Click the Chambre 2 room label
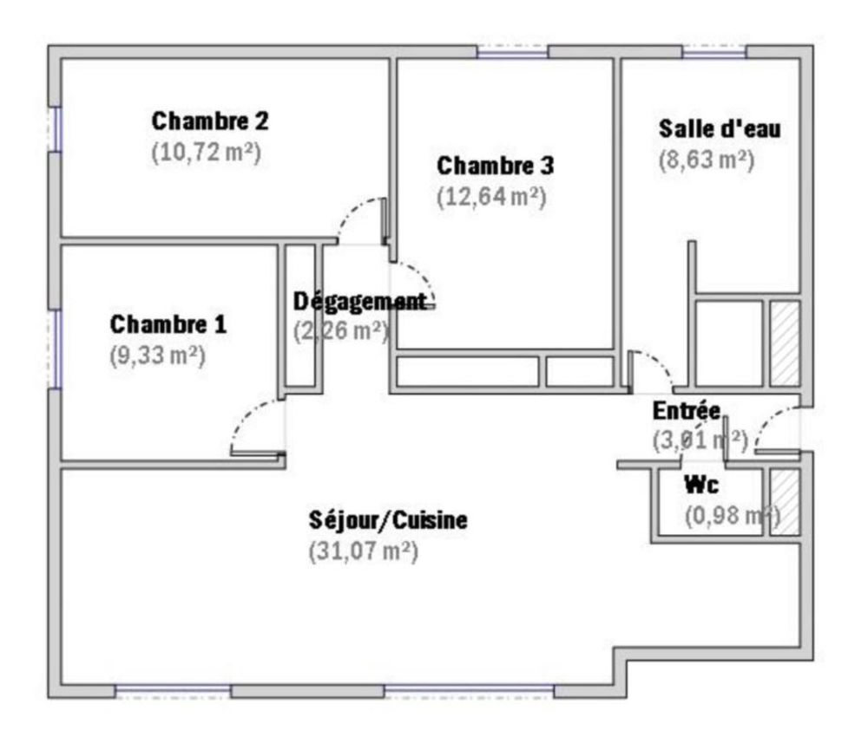click(x=210, y=121)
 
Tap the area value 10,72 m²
click(x=207, y=153)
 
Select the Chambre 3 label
click(x=495, y=165)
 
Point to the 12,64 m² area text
click(x=490, y=197)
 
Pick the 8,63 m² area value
click(x=705, y=161)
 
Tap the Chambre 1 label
click(x=168, y=324)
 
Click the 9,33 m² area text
click(x=157, y=355)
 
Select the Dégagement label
click(x=360, y=302)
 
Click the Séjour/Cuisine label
click(x=389, y=521)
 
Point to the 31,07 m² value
click(x=364, y=551)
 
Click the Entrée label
click(x=686, y=410)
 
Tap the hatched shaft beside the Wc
click(x=786, y=502)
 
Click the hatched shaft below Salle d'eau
click(x=786, y=343)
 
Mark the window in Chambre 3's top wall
click(x=512, y=52)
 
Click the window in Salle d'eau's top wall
click(x=713, y=52)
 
